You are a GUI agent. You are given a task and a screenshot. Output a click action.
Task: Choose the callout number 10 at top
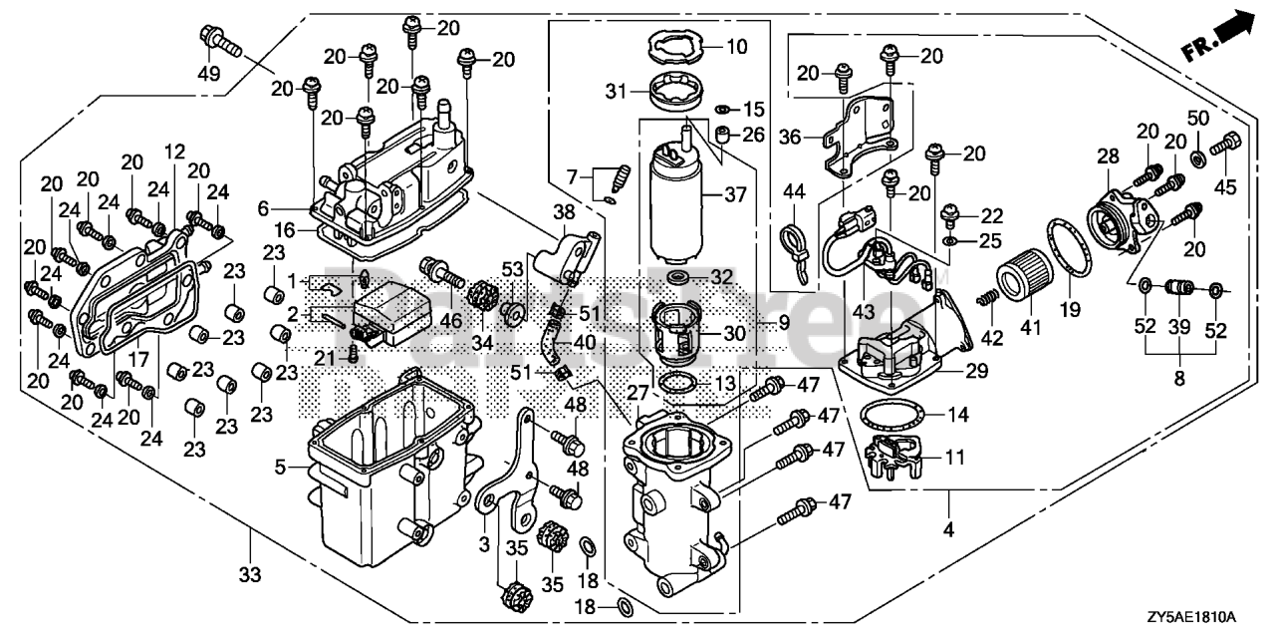(735, 46)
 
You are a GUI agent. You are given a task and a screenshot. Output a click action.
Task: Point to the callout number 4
(947, 530)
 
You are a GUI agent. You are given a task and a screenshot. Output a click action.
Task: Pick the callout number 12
(175, 153)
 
